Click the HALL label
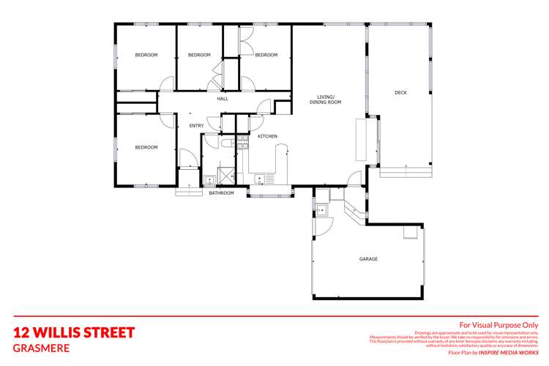click(223, 99)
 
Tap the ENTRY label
click(196, 126)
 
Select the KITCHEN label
click(267, 136)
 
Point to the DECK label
click(400, 92)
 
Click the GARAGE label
click(368, 259)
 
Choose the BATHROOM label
click(221, 193)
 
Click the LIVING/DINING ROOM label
click(329, 100)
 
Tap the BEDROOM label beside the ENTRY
click(146, 147)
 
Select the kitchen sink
click(261, 178)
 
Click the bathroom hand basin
click(209, 178)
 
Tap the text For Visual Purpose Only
click(498, 325)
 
